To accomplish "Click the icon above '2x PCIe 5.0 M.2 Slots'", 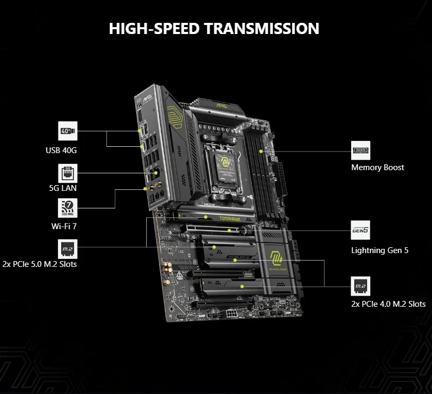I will [68, 248].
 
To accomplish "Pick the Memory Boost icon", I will [361, 150].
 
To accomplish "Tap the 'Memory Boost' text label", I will [377, 167].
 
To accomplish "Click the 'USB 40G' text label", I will [61, 150].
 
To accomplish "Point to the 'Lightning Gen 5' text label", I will [380, 250].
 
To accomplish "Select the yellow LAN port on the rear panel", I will [156, 173].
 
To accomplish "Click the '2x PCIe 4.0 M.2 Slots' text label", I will [388, 304].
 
